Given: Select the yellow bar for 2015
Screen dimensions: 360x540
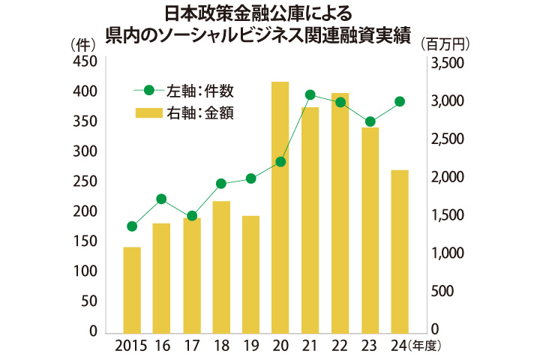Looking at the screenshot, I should (x=132, y=289).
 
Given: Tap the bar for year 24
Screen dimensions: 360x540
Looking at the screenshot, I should (x=400, y=251).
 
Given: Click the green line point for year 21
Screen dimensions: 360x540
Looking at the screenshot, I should (x=310, y=94).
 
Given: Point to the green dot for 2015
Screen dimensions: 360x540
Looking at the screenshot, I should (x=132, y=226).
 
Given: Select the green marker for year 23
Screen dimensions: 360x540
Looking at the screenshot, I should (x=370, y=121).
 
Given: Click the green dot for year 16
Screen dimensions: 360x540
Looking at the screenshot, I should (x=161, y=199).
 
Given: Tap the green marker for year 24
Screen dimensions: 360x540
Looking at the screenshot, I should (x=400, y=101).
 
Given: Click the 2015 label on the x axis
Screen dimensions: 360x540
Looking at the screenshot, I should (x=131, y=346).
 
